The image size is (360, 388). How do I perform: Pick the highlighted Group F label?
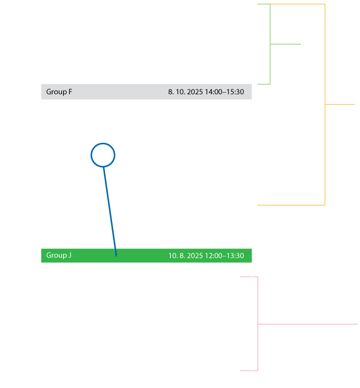click(x=59, y=92)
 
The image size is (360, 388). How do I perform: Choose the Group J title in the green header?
click(x=59, y=255)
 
